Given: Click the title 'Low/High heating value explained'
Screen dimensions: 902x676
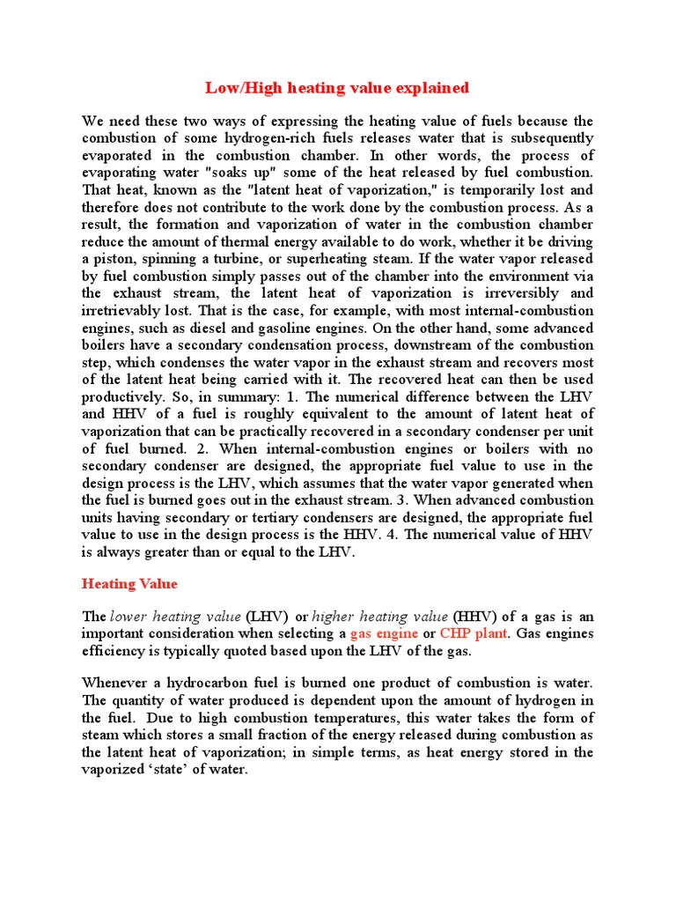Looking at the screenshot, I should click(x=337, y=87).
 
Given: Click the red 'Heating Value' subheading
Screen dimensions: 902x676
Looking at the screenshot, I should click(x=129, y=583).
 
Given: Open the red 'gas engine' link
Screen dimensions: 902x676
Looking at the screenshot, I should click(x=384, y=633).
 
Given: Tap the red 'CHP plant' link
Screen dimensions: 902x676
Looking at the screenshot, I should click(x=474, y=633).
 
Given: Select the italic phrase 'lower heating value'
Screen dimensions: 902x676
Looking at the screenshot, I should click(x=175, y=617).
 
